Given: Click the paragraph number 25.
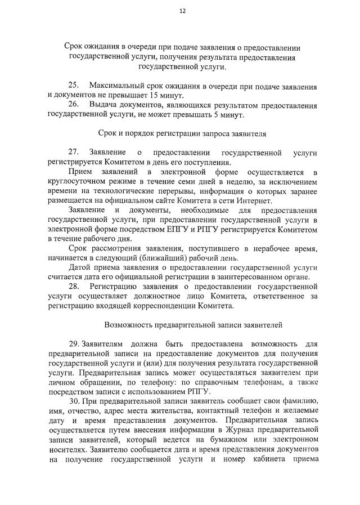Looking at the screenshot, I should pyautogui.click(x=74, y=87).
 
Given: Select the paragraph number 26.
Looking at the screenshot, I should pyautogui.click(x=74, y=105).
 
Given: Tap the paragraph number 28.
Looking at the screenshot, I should pyautogui.click(x=74, y=287).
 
